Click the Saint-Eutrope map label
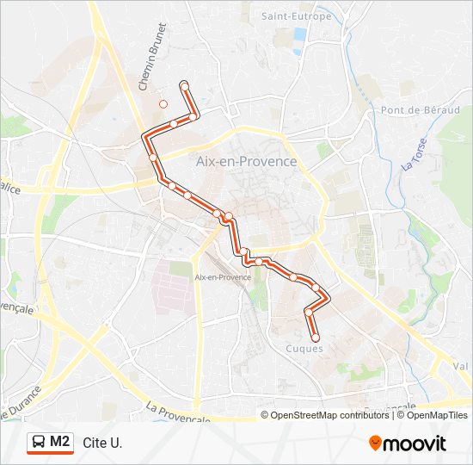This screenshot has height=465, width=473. (x=296, y=16)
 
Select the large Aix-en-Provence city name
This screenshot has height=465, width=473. (x=246, y=161)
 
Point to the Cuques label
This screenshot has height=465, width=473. (x=304, y=349)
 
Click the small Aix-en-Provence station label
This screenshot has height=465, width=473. (x=223, y=276)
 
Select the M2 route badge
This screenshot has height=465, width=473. (x=50, y=443)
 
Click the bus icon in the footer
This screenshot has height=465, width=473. (x=39, y=443)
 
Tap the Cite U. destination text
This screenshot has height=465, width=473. (x=102, y=443)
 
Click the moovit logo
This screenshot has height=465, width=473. (x=408, y=443)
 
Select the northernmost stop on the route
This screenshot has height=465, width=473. (x=184, y=84)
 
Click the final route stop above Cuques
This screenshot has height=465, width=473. (x=315, y=338)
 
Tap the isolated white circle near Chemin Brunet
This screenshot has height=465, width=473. (x=163, y=104)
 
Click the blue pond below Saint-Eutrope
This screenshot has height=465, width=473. (x=299, y=34)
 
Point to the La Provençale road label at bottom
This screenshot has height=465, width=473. (x=178, y=412)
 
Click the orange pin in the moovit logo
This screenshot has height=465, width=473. (x=376, y=443)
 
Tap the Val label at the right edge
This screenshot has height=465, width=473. (x=461, y=365)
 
